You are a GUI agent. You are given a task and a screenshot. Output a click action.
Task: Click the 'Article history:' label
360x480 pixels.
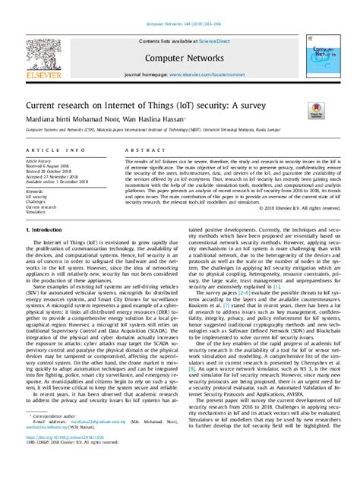(x=39, y=162)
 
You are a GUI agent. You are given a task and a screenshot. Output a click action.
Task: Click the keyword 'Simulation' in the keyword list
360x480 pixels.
(x=38, y=212)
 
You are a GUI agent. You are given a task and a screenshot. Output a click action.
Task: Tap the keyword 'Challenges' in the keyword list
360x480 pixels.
(x=39, y=201)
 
